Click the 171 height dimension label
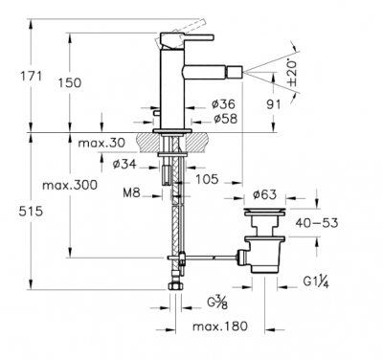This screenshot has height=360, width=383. tap(32, 77)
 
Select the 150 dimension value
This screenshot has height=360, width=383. tap(70, 83)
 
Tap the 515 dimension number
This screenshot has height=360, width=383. tap(31, 212)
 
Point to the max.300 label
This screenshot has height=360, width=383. tap(70, 185)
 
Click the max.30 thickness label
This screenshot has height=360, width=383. tap(101, 143)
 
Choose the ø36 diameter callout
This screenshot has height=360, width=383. tap(223, 103)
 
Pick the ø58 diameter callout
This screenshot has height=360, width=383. tap(226, 119)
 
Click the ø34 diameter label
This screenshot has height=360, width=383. tap(124, 165)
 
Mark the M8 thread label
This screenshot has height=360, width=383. tap(131, 192)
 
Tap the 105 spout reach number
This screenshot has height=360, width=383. tap(207, 179)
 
